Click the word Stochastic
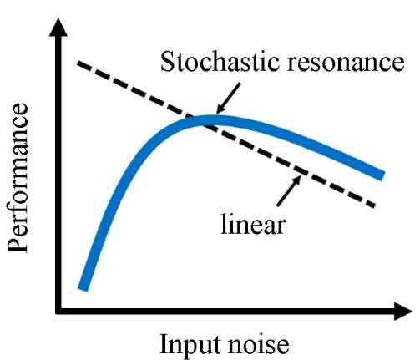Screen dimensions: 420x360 click(220, 61)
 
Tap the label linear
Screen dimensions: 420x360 click(253, 223)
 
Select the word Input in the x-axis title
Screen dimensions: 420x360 click(191, 344)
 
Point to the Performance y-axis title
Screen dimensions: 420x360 click(18, 178)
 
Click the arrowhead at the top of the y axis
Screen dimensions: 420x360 click(58, 28)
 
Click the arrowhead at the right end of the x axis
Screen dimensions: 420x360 click(403, 312)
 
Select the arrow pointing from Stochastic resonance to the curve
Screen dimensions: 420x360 click(228, 98)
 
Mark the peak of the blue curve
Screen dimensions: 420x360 click(215, 120)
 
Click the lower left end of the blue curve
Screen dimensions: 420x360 click(83, 288)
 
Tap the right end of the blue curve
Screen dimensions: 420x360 click(382, 175)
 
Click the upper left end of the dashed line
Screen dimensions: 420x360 click(78, 63)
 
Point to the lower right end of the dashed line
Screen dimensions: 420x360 click(374, 205)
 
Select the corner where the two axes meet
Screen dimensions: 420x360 click(58, 311)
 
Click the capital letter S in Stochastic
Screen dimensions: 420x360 click(168, 62)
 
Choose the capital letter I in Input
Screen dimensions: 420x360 click(164, 342)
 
